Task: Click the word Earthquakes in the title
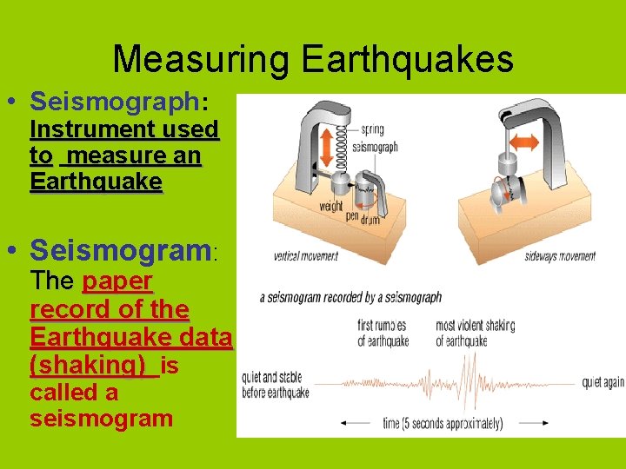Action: [x=407, y=60]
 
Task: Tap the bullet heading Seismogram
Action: [x=121, y=252]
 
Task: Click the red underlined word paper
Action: [x=117, y=282]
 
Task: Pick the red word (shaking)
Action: [x=87, y=366]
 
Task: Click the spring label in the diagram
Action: [x=372, y=131]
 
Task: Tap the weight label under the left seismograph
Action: [x=331, y=207]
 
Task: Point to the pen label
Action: [x=351, y=215]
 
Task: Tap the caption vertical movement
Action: [x=305, y=256]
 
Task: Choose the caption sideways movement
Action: [x=561, y=256]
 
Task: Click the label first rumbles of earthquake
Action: [x=383, y=334]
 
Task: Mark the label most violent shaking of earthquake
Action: [x=475, y=334]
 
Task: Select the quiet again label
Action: [x=603, y=380]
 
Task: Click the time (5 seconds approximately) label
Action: [x=443, y=424]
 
